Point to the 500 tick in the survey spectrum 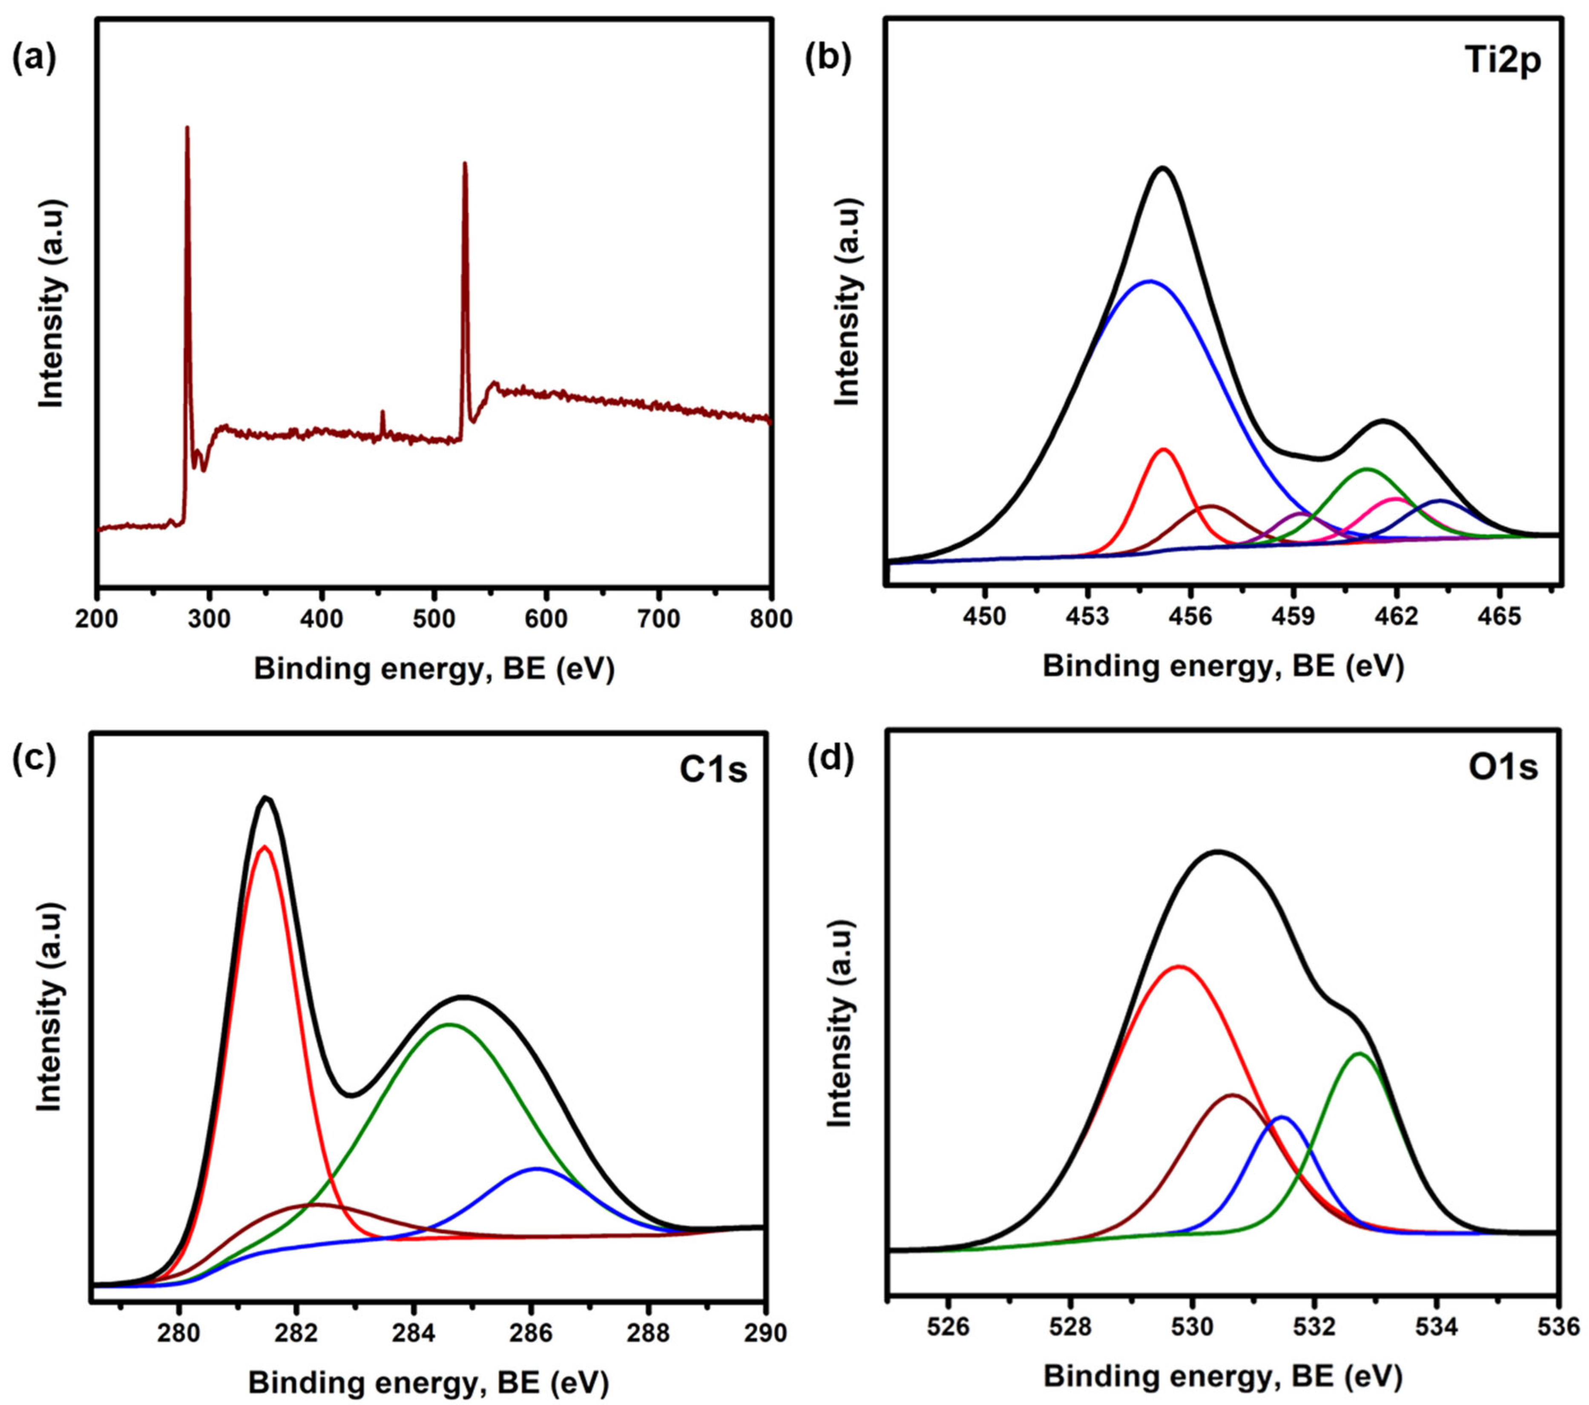click(434, 620)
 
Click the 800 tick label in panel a click(770, 620)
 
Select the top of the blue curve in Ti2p click(1151, 282)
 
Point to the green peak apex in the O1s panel click(1359, 1054)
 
